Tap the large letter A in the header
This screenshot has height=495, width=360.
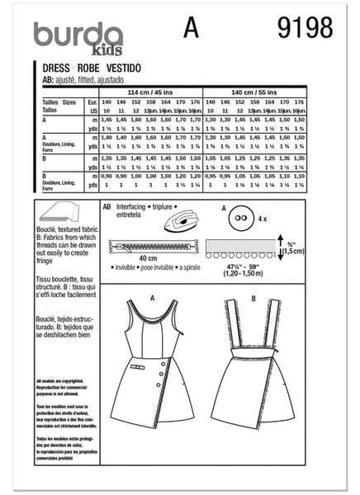coord(192,28)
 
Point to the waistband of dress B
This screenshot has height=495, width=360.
coord(268,357)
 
